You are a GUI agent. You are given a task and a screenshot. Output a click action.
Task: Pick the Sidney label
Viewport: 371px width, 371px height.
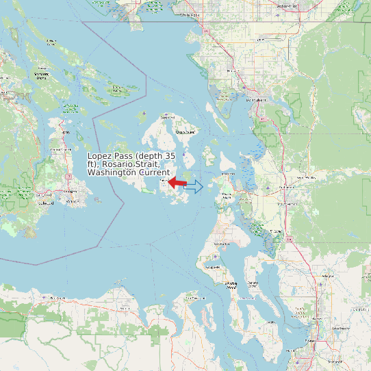pos(65,132)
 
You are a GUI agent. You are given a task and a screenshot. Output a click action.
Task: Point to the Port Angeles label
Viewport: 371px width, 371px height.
pos(51,298)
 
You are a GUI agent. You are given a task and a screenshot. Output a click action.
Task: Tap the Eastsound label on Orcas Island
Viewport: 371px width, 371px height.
pos(186,131)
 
